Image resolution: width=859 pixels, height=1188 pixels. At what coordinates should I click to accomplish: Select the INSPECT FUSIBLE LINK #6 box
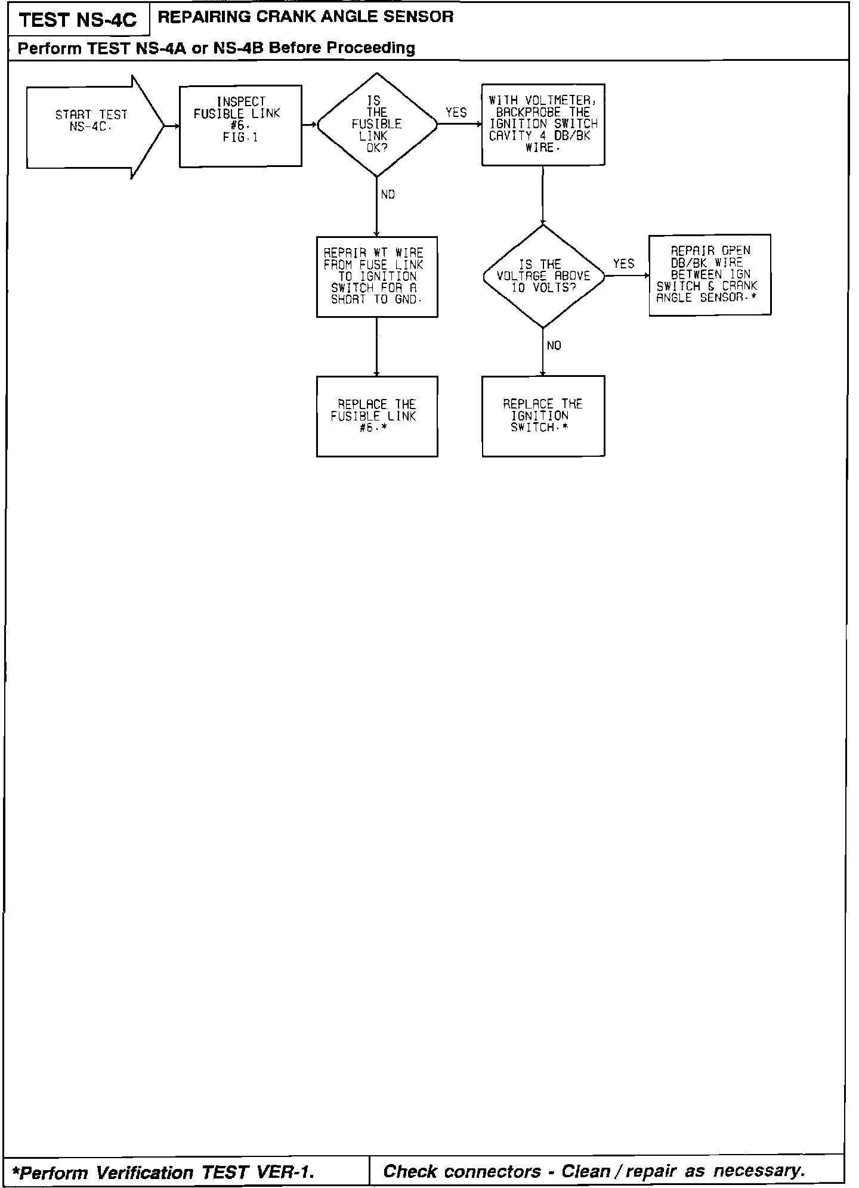pos(240,126)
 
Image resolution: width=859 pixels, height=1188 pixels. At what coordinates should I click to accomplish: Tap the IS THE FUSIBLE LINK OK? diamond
pos(377,125)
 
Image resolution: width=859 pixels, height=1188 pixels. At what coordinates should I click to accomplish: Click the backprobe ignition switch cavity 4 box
pos(543,124)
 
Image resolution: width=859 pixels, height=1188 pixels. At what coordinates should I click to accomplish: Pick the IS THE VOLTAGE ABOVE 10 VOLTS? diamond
pos(543,276)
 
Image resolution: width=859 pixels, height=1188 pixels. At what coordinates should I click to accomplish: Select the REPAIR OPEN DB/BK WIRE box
pos(709,274)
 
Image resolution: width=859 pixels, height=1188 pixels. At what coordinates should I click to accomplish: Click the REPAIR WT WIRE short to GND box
pos(377,277)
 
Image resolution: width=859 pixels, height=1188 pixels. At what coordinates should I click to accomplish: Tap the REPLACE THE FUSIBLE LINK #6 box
pos(377,416)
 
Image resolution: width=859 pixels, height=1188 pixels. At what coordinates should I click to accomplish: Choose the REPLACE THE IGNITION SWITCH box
pos(543,416)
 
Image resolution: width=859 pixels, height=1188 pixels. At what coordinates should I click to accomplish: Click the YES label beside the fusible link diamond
pos(456,113)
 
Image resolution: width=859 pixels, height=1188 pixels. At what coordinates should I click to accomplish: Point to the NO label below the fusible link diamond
pos(388,195)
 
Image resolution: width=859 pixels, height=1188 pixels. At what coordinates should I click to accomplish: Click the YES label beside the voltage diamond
pos(623,264)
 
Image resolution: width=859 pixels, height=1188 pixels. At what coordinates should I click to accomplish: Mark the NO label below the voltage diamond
pos(554,346)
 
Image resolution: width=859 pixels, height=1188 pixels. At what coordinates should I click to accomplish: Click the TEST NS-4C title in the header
pos(78,21)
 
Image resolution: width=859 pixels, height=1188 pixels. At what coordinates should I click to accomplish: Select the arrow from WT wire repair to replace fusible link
pos(377,346)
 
